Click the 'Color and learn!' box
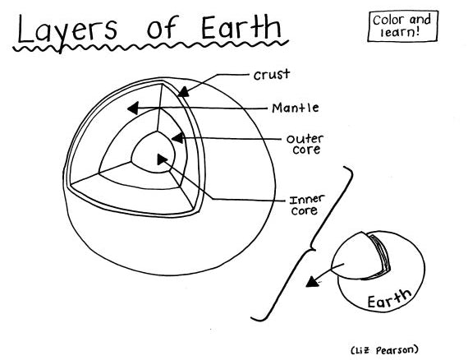pos(402,25)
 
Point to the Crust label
pos(273,75)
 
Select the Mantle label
pos(296,108)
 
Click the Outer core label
pos(303,144)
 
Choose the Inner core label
pos(305,205)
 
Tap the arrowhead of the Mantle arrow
pos(132,108)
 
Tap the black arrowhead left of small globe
pos(310,282)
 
